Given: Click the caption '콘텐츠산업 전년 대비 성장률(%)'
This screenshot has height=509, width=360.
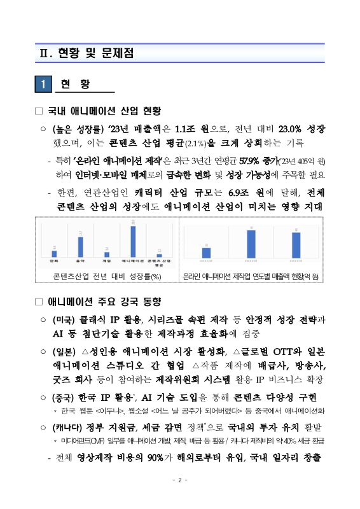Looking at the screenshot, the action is pyautogui.click(x=107, y=277).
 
